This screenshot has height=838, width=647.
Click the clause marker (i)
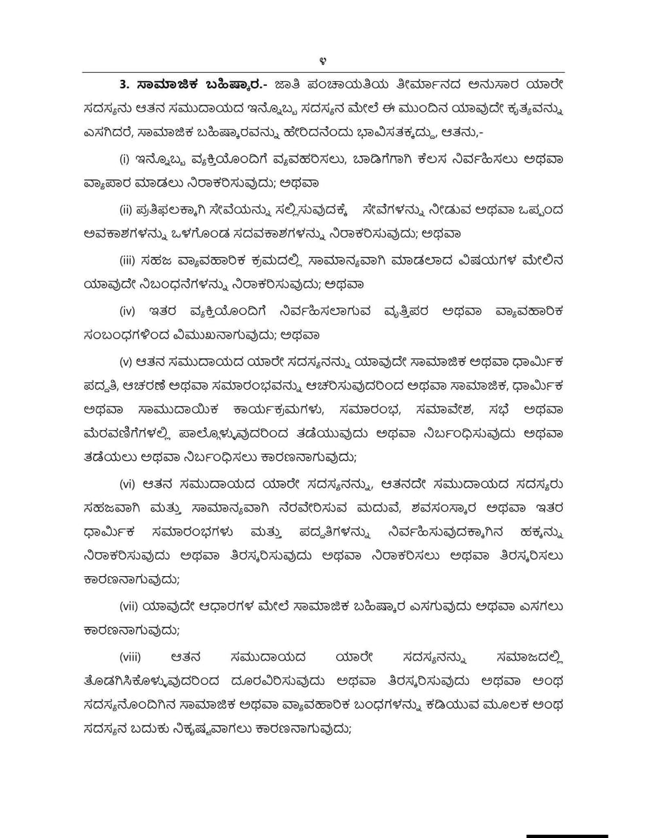coord(124,159)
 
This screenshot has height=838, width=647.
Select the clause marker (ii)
coord(126,209)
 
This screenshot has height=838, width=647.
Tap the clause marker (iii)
coord(127,260)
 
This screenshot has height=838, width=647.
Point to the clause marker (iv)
coord(127,311)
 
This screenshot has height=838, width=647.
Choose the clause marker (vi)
coord(127,484)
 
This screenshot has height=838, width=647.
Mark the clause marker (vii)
coord(128,607)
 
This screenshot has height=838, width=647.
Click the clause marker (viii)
coord(130,657)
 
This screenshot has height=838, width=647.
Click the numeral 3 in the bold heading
coord(123,84)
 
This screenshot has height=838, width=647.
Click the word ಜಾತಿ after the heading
coord(289,84)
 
